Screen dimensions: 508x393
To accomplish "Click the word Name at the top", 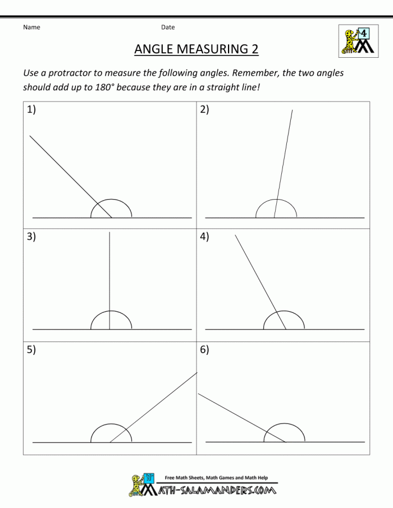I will [x=31, y=27].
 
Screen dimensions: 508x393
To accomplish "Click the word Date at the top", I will [x=168, y=27].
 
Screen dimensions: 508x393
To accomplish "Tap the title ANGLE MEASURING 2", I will [x=196, y=49].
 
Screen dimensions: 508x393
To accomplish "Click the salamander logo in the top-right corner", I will [x=357, y=40].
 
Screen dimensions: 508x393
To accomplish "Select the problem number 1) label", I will [x=31, y=110].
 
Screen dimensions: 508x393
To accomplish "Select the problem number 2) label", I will [x=204, y=110].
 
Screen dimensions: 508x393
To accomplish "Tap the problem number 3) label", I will [x=31, y=237].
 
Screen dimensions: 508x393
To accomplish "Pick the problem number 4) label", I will [x=204, y=237].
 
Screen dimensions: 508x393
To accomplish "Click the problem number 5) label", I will [x=31, y=350].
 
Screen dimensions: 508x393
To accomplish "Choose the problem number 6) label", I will [x=204, y=350].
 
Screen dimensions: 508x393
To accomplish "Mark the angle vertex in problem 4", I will [x=286, y=330].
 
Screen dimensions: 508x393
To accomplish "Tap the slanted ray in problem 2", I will [x=284, y=163].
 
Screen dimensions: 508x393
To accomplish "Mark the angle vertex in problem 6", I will [x=286, y=442].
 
